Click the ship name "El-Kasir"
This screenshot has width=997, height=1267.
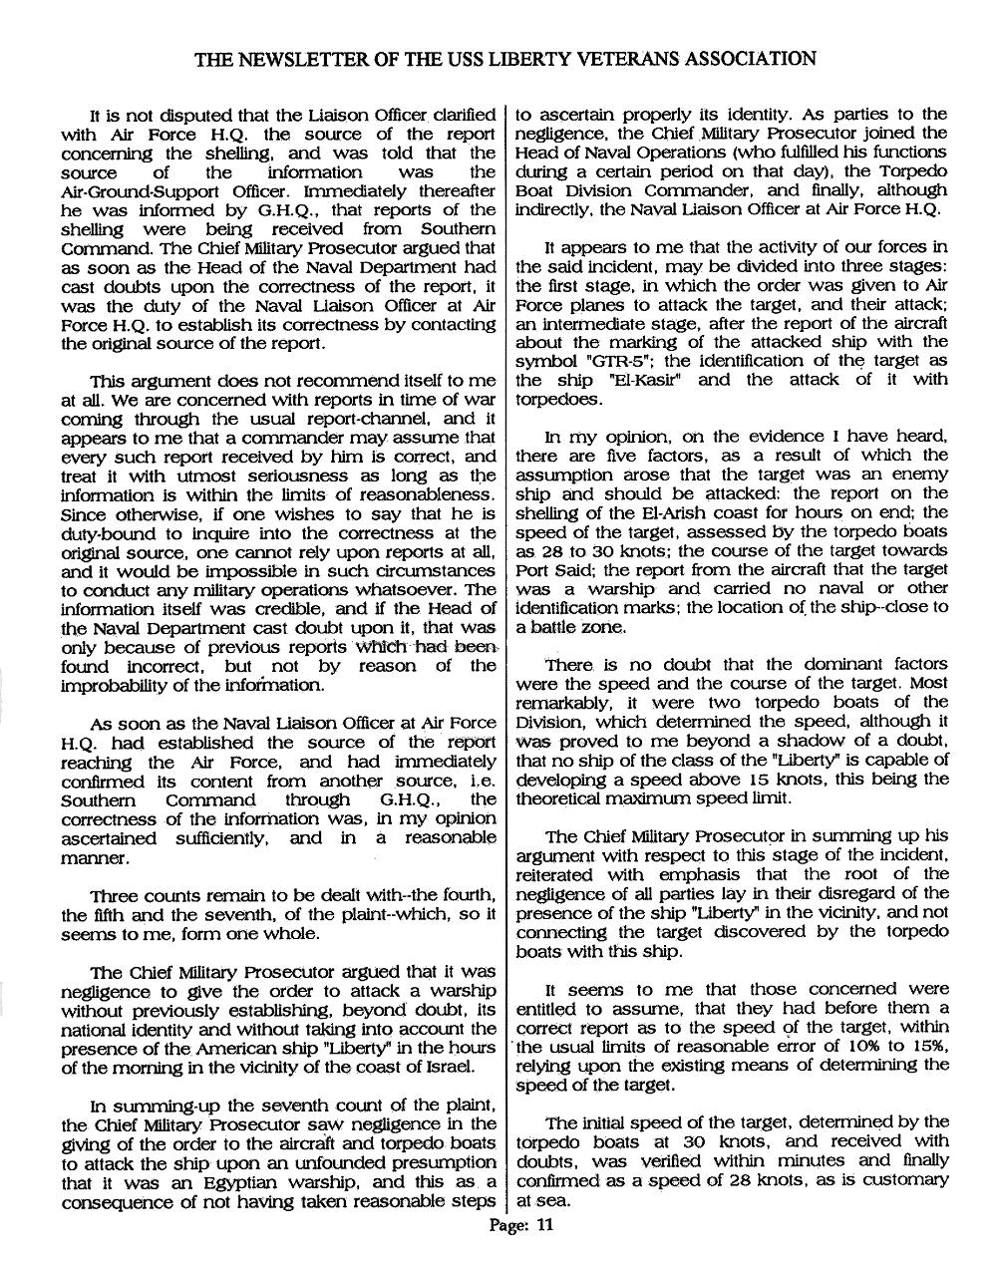(x=608, y=381)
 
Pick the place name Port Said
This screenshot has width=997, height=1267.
(x=550, y=569)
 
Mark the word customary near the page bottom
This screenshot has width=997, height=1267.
(x=902, y=1179)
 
